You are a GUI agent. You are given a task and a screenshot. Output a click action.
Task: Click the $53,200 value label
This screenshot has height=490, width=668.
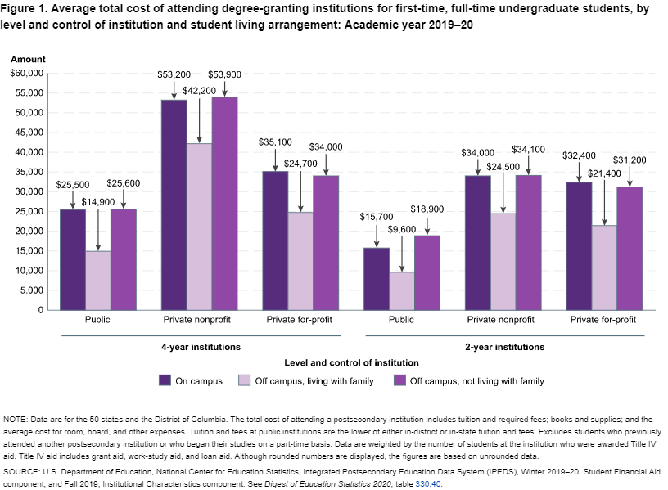click(x=174, y=75)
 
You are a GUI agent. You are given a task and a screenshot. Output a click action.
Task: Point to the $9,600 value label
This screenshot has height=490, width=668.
click(x=401, y=231)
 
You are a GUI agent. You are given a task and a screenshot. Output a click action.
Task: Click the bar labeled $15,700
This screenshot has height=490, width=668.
click(x=377, y=278)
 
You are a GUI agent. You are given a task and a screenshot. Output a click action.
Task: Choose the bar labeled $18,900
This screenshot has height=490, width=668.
click(x=427, y=272)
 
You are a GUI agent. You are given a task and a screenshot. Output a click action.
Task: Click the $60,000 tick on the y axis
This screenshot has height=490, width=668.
click(x=26, y=74)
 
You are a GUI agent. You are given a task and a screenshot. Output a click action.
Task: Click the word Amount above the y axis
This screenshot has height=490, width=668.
click(x=28, y=59)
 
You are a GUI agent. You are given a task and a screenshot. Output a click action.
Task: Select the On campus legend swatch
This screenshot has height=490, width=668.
click(x=165, y=380)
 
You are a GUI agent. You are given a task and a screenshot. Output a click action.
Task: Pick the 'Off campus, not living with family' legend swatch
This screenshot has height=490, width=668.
click(x=399, y=380)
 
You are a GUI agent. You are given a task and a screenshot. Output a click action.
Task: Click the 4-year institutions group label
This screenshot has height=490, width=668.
click(x=201, y=347)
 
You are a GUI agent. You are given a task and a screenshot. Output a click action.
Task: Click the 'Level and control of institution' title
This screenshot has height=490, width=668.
click(x=351, y=362)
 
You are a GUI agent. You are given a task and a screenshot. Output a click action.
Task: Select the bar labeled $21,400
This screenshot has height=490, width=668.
click(x=604, y=267)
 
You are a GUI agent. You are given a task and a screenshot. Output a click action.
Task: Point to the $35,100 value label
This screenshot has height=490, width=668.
click(x=274, y=142)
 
